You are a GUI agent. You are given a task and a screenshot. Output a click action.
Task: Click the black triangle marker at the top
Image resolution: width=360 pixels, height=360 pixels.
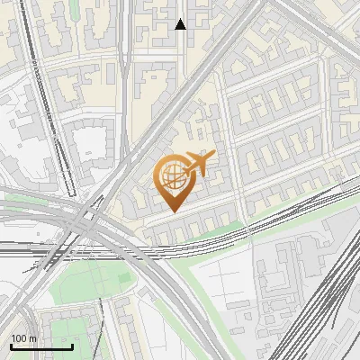coord(180,24)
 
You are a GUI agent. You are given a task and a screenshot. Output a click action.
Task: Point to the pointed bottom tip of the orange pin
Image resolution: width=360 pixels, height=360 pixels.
coord(173,211)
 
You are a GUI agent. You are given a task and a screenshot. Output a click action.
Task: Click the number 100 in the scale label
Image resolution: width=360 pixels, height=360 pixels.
coord(19,338)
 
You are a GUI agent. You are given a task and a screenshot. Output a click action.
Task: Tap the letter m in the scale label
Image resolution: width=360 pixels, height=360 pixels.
coord(32,338)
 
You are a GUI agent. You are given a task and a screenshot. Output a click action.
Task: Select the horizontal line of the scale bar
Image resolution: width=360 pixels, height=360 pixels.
coord(41,347)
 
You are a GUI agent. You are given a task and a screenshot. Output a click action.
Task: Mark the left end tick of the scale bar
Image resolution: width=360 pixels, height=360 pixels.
coord(11,346)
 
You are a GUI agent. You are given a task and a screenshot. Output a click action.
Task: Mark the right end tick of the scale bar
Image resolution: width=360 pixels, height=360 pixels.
coord(72,346)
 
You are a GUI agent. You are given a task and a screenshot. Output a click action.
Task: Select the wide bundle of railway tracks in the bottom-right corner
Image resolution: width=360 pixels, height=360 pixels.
coord(328,297)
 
